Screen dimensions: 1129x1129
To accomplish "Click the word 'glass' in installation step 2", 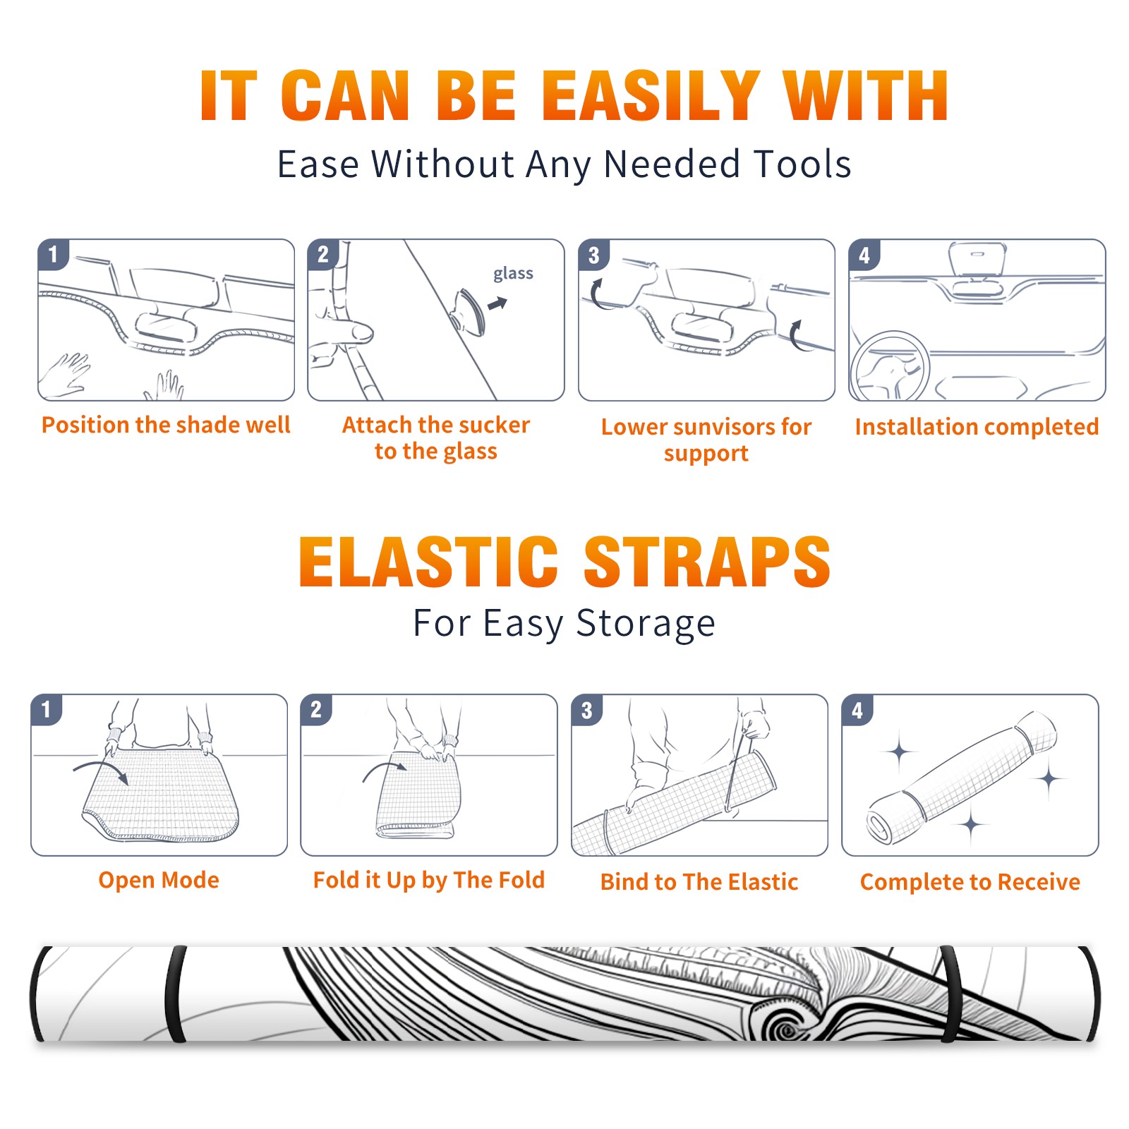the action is coord(513,274).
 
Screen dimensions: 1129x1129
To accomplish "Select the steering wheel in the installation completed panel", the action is coord(890,367).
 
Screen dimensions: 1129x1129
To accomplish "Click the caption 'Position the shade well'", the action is coord(166,425).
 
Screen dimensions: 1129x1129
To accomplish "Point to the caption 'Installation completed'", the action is coord(977,426).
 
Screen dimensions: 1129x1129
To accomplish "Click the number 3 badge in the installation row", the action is coord(593,255).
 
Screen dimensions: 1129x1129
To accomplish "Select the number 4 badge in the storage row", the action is coord(857,710).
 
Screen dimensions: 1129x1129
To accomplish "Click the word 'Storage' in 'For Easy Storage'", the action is coord(646,623).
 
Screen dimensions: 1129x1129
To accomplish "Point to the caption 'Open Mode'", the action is coord(159,880).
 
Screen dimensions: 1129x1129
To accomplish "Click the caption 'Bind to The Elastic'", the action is coord(699,881).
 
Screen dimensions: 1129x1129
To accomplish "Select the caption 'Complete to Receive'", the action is coord(970,881).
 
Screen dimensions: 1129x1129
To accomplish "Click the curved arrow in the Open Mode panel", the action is coord(102,766).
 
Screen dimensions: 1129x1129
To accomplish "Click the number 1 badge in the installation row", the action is coord(53,255).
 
